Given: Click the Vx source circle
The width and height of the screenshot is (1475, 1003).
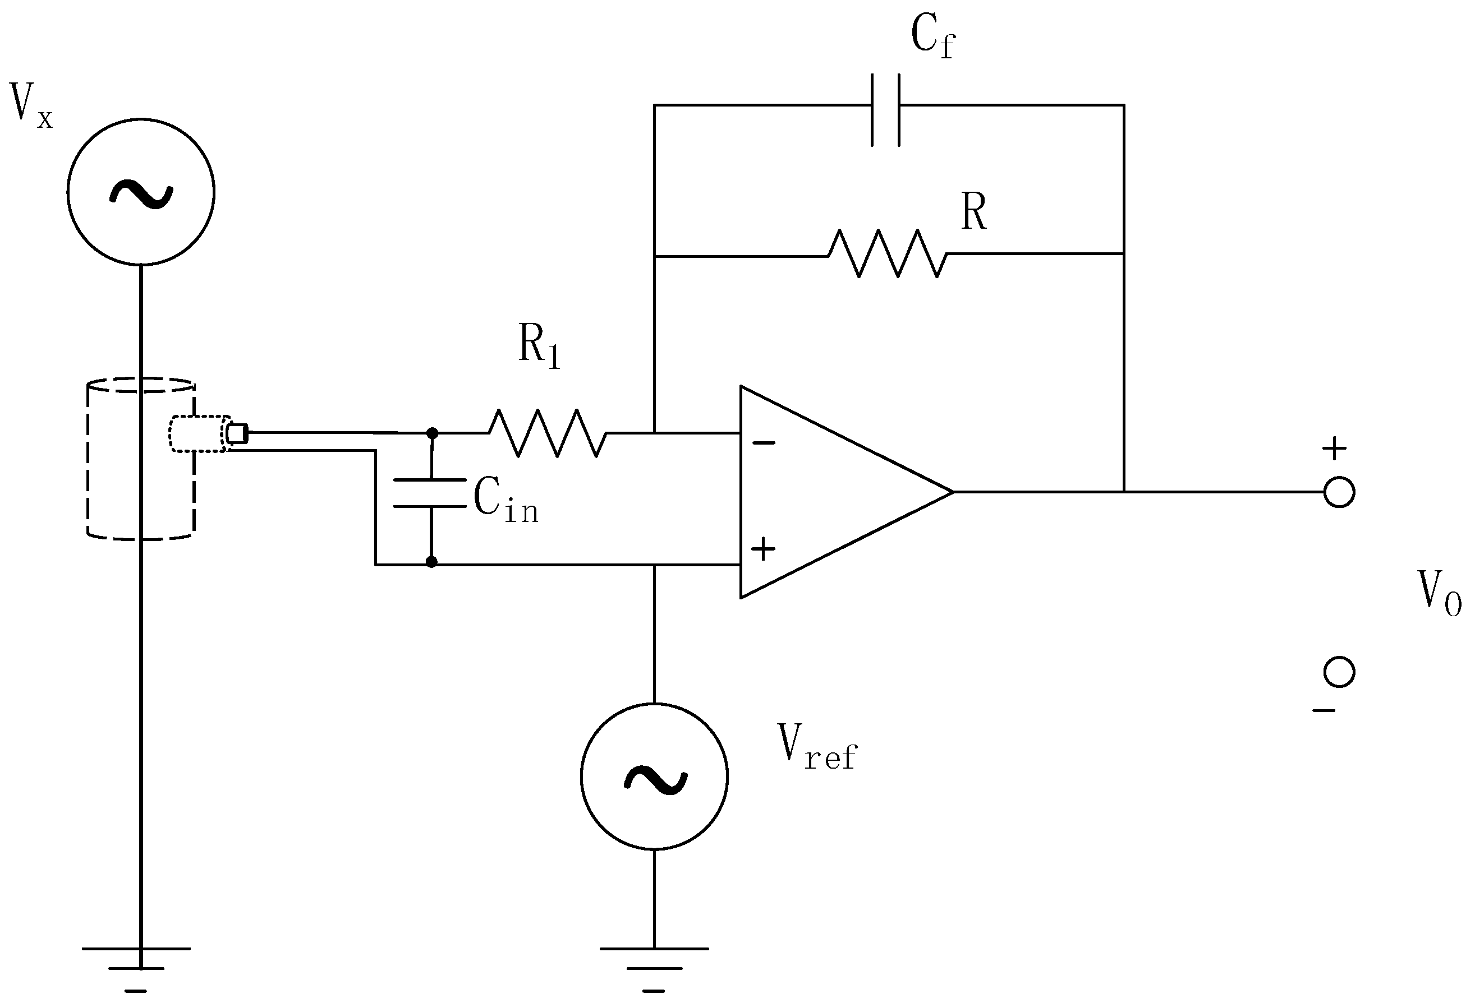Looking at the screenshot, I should pyautogui.click(x=141, y=192).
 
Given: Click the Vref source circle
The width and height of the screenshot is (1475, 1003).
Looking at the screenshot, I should pyautogui.click(x=654, y=776).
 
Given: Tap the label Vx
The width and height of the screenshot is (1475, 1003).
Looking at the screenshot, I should pyautogui.click(x=30, y=105).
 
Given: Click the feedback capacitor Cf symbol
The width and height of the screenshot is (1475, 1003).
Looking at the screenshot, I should pyautogui.click(x=885, y=110).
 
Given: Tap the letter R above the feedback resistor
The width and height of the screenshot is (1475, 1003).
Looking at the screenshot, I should pyautogui.click(x=973, y=211).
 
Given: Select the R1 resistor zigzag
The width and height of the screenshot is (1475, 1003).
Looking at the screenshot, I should pyautogui.click(x=547, y=433).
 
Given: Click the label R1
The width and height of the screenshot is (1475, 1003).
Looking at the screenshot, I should pyautogui.click(x=539, y=345).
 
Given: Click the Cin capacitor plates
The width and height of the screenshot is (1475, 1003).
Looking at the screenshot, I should pyautogui.click(x=431, y=493).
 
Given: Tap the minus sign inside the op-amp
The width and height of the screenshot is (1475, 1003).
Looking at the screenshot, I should pyautogui.click(x=764, y=443).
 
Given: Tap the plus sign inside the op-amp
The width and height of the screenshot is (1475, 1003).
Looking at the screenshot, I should pyautogui.click(x=763, y=549).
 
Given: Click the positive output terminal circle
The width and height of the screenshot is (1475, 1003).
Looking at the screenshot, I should pyautogui.click(x=1339, y=492).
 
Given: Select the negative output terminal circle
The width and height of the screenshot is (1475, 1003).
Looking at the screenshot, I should pyautogui.click(x=1339, y=672).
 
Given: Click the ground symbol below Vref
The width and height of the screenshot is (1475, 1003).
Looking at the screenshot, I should pyautogui.click(x=654, y=968).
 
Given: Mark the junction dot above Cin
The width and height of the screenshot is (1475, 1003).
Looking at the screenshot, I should pyautogui.click(x=432, y=433).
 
